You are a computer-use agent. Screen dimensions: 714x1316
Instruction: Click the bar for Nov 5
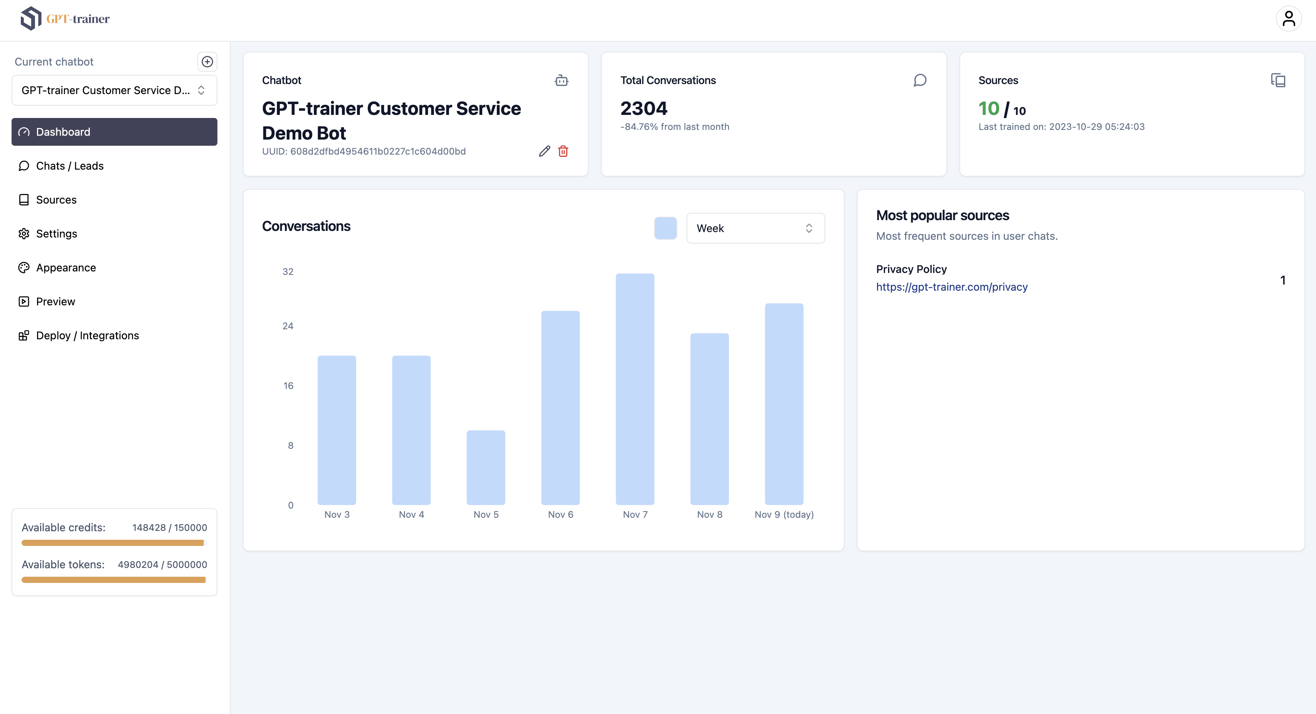click(486, 467)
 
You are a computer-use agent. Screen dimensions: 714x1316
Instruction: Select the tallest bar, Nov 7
click(634, 389)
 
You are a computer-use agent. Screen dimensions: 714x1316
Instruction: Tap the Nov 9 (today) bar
click(784, 404)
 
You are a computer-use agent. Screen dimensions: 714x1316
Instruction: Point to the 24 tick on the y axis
click(288, 326)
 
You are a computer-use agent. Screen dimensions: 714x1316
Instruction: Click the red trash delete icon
click(563, 151)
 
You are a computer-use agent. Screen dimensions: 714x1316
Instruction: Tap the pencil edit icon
click(545, 151)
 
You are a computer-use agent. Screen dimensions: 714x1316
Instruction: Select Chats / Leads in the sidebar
click(70, 166)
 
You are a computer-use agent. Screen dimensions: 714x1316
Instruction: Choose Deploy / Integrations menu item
click(88, 335)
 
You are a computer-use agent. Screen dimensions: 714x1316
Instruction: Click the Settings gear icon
click(24, 234)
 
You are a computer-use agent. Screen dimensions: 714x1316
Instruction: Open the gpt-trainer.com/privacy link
click(951, 287)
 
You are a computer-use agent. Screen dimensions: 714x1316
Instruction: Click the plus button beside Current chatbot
click(207, 62)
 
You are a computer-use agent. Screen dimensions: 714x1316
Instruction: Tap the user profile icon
click(1288, 19)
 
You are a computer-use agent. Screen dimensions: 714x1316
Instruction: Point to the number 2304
click(644, 108)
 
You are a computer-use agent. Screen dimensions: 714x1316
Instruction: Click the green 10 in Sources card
click(988, 108)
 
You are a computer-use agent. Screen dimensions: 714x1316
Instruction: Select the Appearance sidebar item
click(66, 267)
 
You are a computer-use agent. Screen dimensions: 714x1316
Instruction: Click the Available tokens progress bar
click(113, 579)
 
